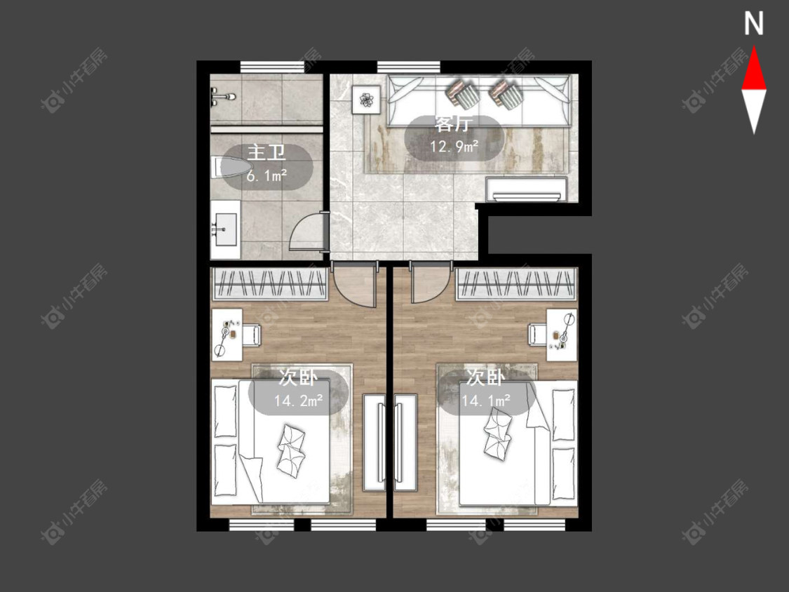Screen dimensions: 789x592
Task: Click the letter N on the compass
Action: click(754, 24)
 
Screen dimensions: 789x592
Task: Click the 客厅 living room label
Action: click(453, 123)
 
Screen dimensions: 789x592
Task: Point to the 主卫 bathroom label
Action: click(267, 152)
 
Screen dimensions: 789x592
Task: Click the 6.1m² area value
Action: click(267, 175)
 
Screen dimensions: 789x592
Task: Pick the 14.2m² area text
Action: click(298, 401)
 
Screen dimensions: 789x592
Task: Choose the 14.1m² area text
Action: click(485, 401)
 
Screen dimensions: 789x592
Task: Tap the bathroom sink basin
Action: click(225, 229)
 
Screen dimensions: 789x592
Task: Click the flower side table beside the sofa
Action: click(366, 100)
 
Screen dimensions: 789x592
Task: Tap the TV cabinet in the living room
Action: click(527, 189)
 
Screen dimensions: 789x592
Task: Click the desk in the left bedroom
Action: click(227, 335)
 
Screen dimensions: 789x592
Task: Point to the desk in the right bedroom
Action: click(562, 335)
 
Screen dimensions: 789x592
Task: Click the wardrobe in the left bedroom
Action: click(271, 284)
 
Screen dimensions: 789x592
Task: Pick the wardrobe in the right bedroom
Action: click(515, 284)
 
